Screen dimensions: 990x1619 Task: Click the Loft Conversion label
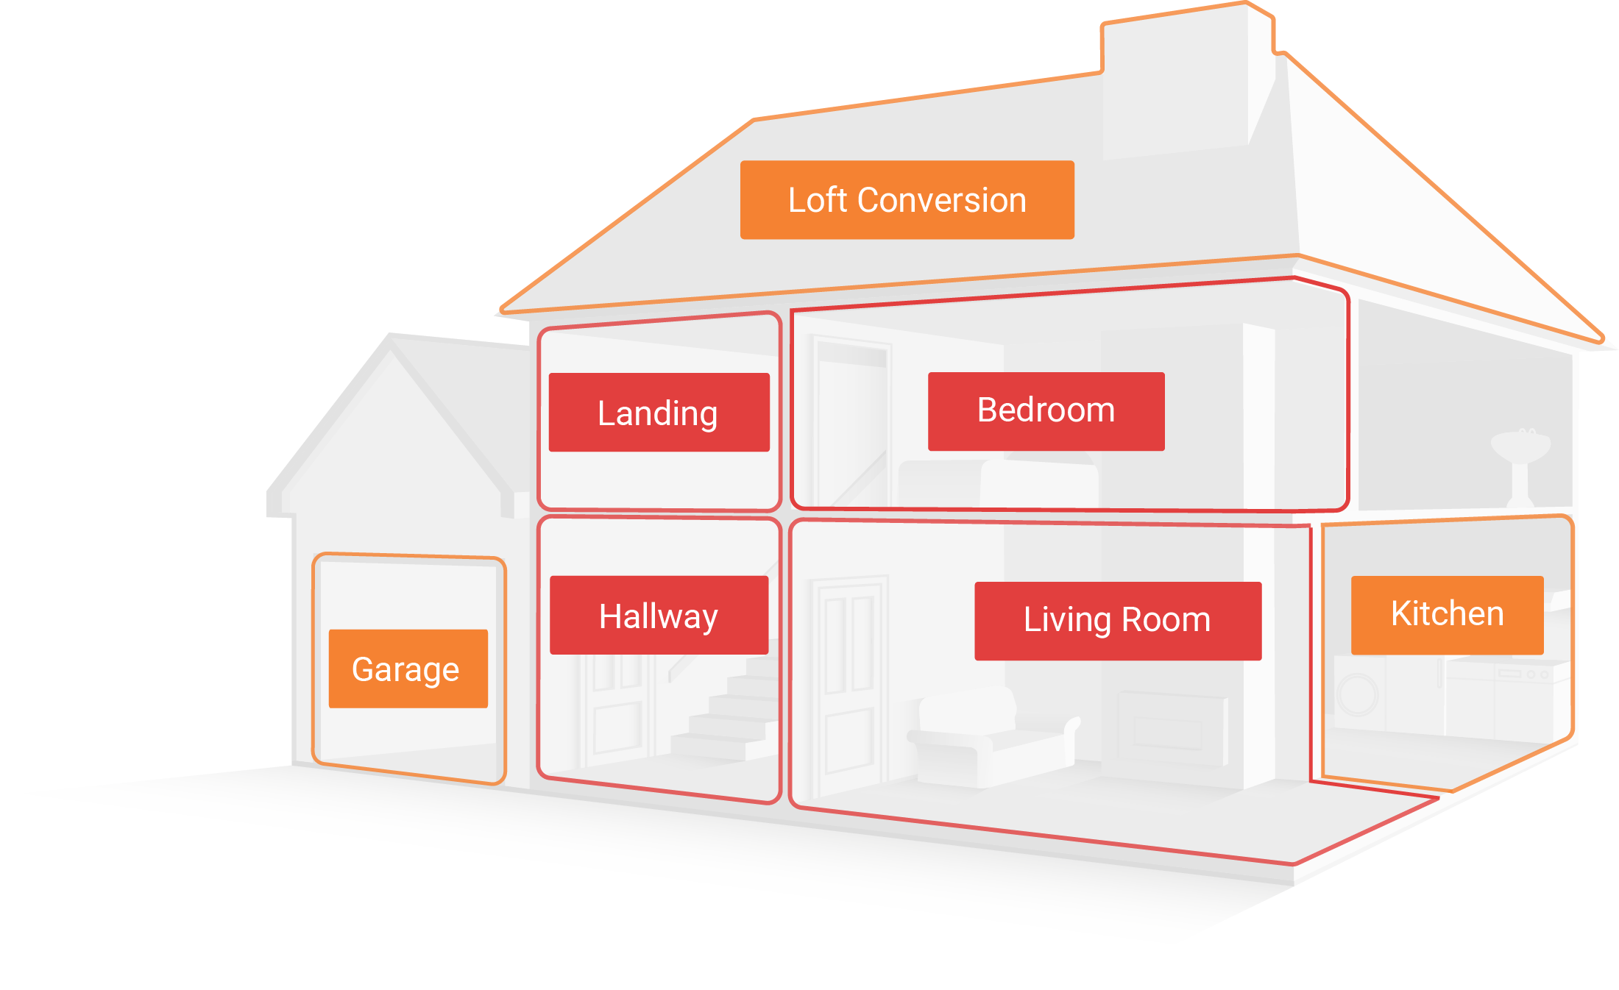pos(907,200)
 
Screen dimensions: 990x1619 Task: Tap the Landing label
pos(659,413)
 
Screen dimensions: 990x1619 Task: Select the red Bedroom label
pos(1046,411)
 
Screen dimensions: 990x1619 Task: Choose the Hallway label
pos(659,616)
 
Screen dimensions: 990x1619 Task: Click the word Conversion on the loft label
pos(942,200)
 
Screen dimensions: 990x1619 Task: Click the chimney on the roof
pos(1185,74)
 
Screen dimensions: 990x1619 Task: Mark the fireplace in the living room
pos(1170,728)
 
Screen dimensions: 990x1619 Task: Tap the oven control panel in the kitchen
pos(1523,673)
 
